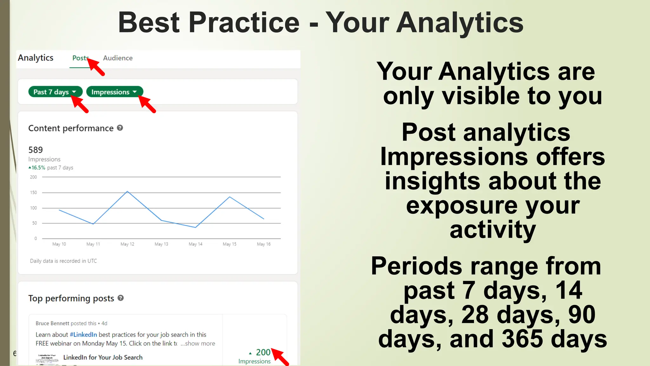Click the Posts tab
pyautogui.click(x=80, y=58)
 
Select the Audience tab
pyautogui.click(x=118, y=58)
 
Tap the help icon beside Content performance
pyautogui.click(x=120, y=128)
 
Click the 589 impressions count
pyautogui.click(x=36, y=150)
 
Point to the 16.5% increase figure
pyautogui.click(x=38, y=167)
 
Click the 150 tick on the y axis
pyautogui.click(x=33, y=193)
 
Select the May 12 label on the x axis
pyautogui.click(x=127, y=244)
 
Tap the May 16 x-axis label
pyautogui.click(x=264, y=244)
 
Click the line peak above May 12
pyautogui.click(x=127, y=191)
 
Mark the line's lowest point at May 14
pyautogui.click(x=196, y=227)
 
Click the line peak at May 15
pyautogui.click(x=230, y=197)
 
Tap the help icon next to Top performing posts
pyautogui.click(x=121, y=298)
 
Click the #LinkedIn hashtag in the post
pyautogui.click(x=83, y=335)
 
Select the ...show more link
pyautogui.click(x=198, y=343)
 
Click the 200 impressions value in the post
pyautogui.click(x=263, y=352)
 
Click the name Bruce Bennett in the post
pyautogui.click(x=52, y=323)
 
